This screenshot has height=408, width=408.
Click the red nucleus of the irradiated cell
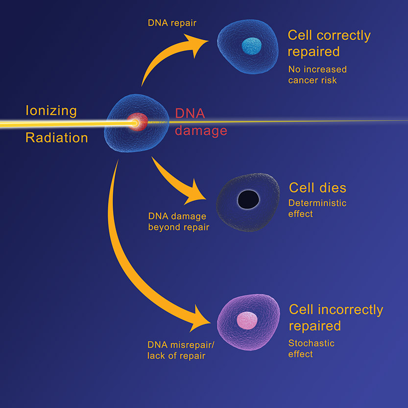click(x=138, y=121)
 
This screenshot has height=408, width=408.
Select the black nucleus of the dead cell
click(x=248, y=199)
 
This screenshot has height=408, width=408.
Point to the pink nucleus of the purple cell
click(x=247, y=321)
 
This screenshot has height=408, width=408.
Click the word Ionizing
click(x=51, y=111)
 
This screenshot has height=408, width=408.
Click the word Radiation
click(x=56, y=138)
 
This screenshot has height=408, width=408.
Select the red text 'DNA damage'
click(x=201, y=122)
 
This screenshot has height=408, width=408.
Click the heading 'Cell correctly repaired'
click(x=329, y=43)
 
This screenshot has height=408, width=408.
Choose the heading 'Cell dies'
click(x=317, y=188)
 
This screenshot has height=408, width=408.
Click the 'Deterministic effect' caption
click(x=317, y=208)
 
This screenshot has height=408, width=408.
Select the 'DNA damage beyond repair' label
click(x=178, y=221)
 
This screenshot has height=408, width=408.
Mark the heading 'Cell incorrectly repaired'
click(x=336, y=317)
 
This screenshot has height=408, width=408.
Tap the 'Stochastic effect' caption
click(x=312, y=348)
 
